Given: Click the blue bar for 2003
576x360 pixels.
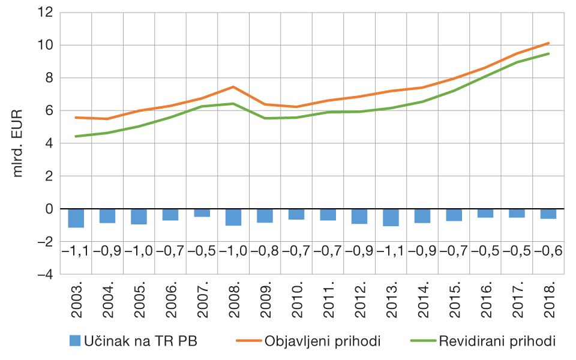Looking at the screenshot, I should [76, 218].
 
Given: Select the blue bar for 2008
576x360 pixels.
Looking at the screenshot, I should [233, 217].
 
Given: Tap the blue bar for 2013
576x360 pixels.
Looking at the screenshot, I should [391, 217].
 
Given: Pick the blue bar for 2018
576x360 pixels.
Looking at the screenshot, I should [548, 214].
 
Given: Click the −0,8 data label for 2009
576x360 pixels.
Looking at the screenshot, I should [265, 251].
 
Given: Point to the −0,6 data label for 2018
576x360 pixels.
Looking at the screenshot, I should [548, 251].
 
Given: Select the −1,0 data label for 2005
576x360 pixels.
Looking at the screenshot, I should [139, 251].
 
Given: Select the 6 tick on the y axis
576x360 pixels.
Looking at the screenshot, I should [49, 111].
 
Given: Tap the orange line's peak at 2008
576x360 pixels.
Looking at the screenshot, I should [233, 87].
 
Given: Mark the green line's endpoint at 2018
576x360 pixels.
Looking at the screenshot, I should [548, 54].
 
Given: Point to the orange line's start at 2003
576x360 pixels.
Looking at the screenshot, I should [76, 118].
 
